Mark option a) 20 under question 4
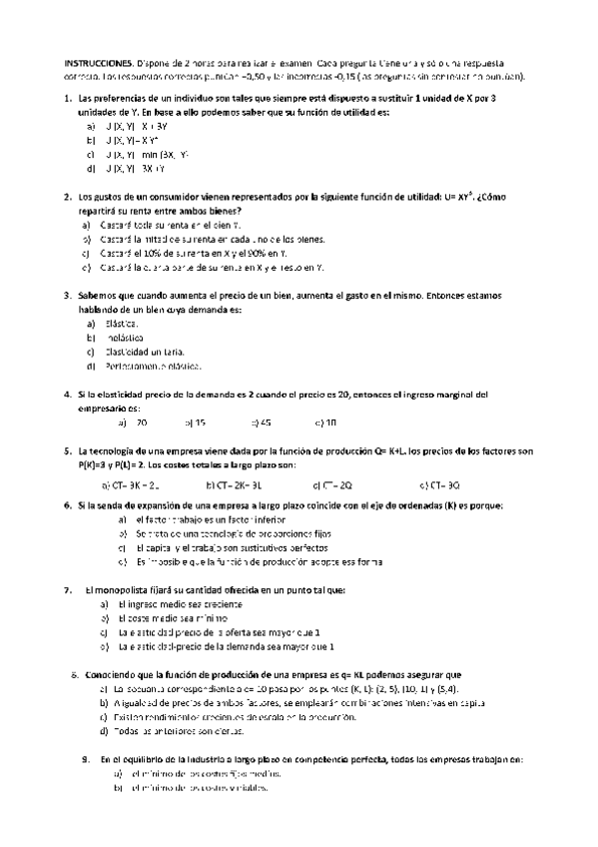click(x=134, y=423)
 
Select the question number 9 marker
click(x=86, y=760)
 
